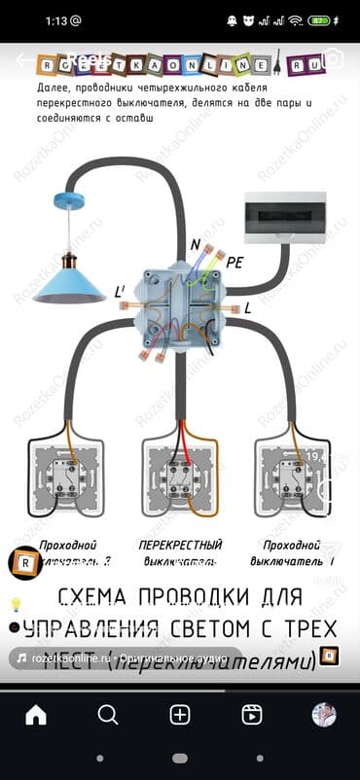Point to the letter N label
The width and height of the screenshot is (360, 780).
point(197,244)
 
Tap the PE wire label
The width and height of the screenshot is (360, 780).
point(234,262)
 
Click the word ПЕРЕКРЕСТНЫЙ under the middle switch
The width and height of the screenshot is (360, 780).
point(181,545)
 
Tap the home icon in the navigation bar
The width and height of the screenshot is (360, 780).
point(36,715)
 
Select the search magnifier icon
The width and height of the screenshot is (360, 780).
point(108,715)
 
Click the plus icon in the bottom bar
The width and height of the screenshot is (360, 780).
point(180,715)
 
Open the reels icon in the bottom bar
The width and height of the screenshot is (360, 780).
point(252,715)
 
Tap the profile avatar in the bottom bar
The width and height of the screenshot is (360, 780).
point(324,715)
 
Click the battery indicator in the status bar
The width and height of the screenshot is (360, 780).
point(319,19)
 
